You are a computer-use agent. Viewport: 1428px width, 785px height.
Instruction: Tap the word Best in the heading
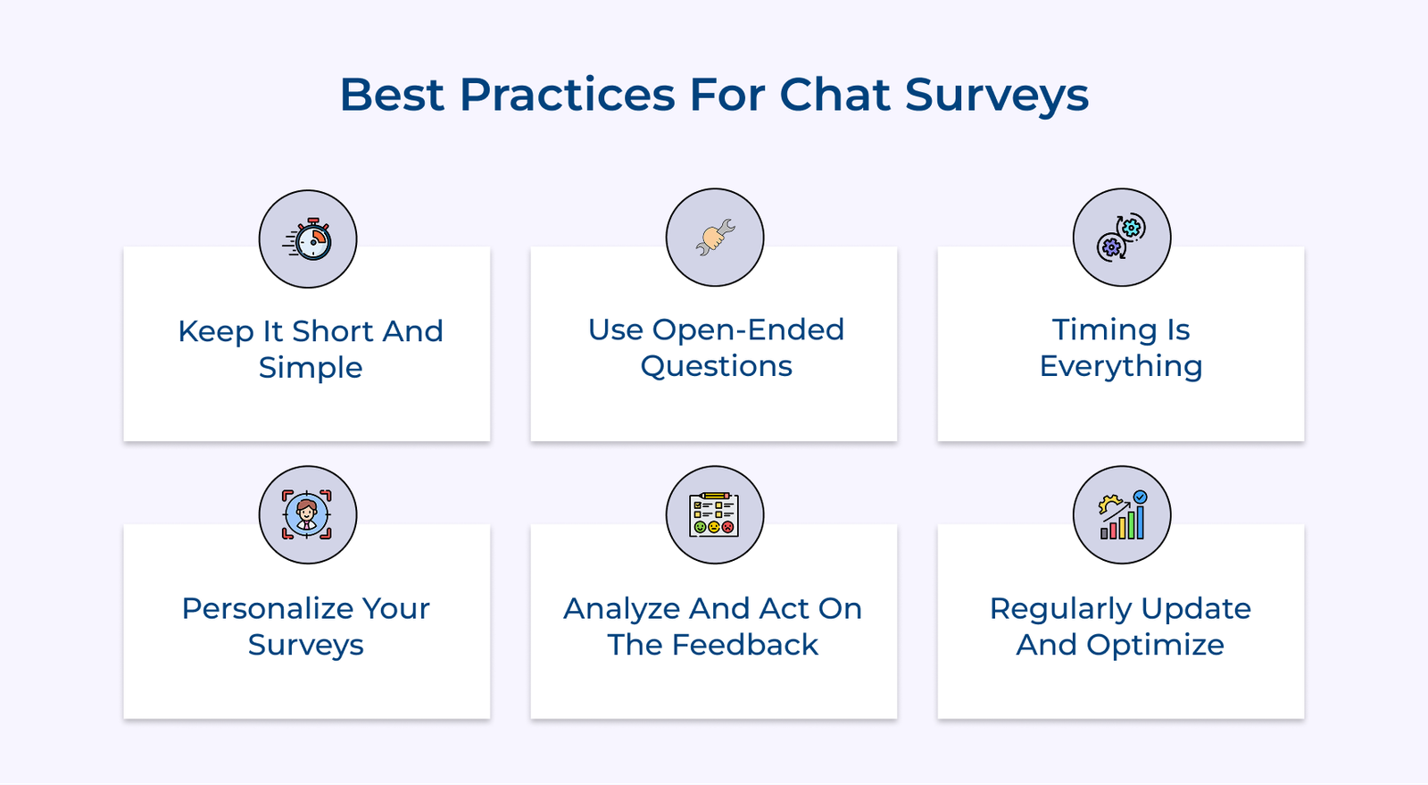(x=392, y=95)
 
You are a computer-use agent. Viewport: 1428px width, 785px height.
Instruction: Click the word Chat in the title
(x=834, y=95)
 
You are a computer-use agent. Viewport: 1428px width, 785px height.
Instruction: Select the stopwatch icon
(x=309, y=239)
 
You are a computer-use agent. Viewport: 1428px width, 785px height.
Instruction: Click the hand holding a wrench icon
(x=715, y=238)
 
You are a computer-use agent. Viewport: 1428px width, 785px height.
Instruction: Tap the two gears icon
(x=1121, y=238)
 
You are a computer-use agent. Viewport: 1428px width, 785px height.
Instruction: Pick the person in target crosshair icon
(x=307, y=514)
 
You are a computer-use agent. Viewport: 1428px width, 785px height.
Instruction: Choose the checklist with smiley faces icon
(x=714, y=514)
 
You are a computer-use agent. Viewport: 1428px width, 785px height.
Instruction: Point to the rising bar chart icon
(x=1122, y=514)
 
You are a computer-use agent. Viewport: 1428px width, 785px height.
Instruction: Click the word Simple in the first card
(x=311, y=368)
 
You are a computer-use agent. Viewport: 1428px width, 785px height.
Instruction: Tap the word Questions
(x=716, y=366)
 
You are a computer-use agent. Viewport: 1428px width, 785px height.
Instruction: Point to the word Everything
(x=1121, y=366)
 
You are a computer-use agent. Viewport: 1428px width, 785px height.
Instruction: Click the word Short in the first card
(x=332, y=331)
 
